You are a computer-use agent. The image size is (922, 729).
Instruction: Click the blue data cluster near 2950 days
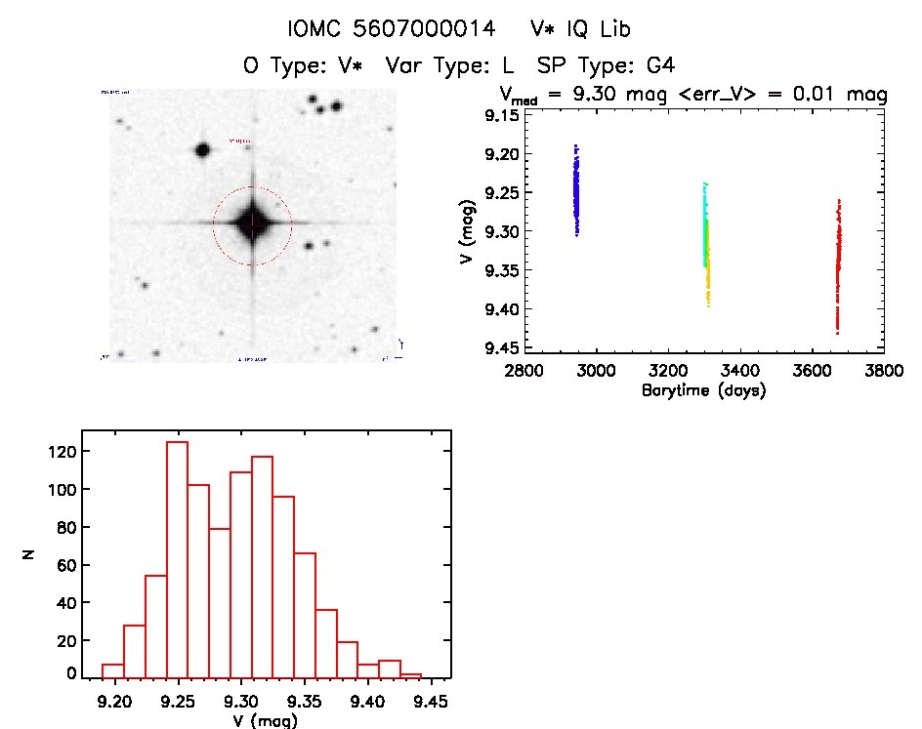[576, 190]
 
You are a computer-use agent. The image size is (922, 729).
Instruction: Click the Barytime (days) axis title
[703, 390]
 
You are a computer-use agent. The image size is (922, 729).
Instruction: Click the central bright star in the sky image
[252, 223]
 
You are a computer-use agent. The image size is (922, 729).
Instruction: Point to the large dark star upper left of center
[203, 150]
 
